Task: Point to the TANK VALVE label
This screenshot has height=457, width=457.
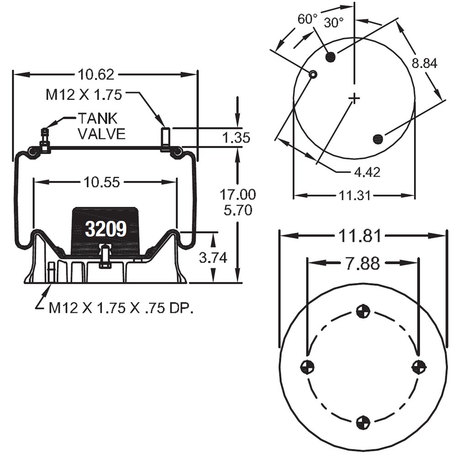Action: [101, 126]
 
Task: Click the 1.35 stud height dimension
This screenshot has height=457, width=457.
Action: [236, 137]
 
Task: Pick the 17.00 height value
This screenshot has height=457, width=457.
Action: [238, 194]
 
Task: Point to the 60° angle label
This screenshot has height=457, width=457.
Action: [308, 19]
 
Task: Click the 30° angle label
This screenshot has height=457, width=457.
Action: [334, 23]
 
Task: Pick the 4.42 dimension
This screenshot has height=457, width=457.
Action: [367, 172]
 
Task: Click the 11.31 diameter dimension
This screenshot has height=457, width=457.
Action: [354, 196]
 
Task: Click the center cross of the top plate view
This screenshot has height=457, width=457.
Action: [354, 98]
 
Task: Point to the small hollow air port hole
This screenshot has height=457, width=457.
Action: [313, 74]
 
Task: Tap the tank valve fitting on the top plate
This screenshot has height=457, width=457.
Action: [45, 140]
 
